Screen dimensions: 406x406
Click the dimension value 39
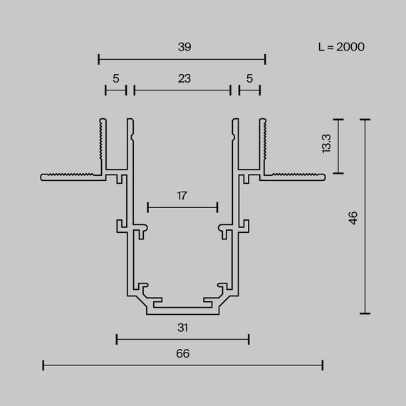point(184,46)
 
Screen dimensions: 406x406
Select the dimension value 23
point(184,78)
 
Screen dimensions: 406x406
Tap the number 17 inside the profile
point(182,196)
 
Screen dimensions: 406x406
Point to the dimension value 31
point(183,328)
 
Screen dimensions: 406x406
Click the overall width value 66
point(183,353)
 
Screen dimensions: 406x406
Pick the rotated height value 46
point(353,217)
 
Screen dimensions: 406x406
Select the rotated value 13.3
point(326,145)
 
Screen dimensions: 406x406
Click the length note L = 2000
point(341,47)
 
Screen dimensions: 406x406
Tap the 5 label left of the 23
point(115,78)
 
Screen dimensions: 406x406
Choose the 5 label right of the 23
point(249,78)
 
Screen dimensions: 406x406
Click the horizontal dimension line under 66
point(183,365)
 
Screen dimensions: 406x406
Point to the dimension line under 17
point(182,207)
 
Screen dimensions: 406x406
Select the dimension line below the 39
point(182,59)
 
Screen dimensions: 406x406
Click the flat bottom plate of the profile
point(183,310)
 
